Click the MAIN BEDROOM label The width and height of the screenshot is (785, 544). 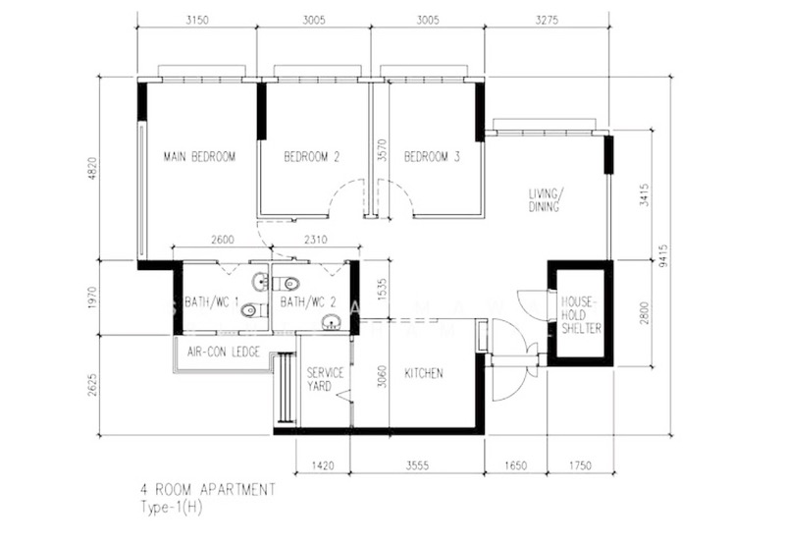[x=199, y=157]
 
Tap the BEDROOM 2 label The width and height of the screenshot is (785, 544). [x=312, y=157]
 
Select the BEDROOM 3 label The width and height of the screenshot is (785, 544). [x=432, y=157]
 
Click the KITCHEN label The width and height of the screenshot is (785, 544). [x=424, y=373]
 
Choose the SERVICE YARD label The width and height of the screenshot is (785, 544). [x=325, y=379]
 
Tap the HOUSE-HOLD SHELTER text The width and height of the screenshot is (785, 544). [x=581, y=315]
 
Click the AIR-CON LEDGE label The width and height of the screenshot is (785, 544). [x=224, y=352]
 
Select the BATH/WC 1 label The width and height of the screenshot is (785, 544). [x=212, y=302]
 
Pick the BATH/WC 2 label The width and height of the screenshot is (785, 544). [x=308, y=302]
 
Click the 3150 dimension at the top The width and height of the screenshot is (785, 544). [x=197, y=21]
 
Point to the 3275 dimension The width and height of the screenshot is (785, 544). [x=547, y=21]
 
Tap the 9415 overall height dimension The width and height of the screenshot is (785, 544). [x=663, y=255]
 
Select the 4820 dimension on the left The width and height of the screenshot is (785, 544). [x=92, y=169]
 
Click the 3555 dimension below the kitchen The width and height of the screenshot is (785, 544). [x=418, y=465]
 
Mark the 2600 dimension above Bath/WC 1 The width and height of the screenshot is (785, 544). [x=223, y=240]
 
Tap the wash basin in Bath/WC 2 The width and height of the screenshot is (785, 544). [x=331, y=322]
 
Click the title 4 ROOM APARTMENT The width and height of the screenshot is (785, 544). [x=208, y=489]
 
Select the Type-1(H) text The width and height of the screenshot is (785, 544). [x=172, y=508]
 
